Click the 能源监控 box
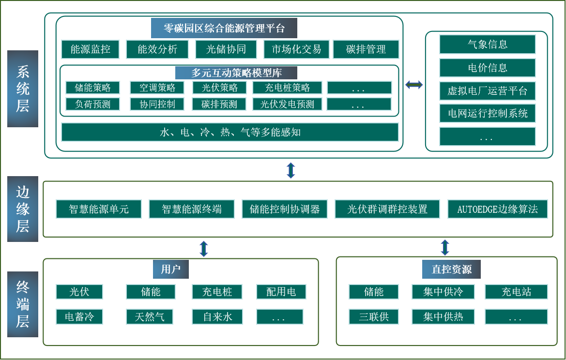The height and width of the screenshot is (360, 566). (90, 49)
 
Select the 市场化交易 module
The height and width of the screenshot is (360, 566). (296, 49)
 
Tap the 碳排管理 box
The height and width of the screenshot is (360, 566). (366, 49)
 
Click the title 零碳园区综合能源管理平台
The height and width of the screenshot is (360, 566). (224, 28)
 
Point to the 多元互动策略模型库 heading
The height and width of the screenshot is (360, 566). (236, 73)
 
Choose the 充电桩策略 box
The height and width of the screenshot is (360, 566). (287, 88)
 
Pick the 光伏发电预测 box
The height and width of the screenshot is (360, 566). (287, 104)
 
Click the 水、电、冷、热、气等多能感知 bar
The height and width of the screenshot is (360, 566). (230, 132)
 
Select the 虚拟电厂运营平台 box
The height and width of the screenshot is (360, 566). (487, 90)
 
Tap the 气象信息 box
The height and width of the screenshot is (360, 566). (487, 45)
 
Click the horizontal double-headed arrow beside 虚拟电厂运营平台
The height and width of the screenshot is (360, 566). (414, 85)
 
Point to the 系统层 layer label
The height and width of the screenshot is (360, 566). (23, 89)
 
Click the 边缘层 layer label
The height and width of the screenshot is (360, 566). (23, 209)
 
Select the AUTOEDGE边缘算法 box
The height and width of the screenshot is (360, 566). (497, 210)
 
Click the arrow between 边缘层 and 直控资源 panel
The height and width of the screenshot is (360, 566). (445, 247)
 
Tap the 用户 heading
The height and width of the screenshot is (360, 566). (170, 269)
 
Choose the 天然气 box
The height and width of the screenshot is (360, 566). (150, 317)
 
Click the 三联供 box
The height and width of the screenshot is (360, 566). (373, 317)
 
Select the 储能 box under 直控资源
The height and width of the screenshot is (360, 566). (373, 292)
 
